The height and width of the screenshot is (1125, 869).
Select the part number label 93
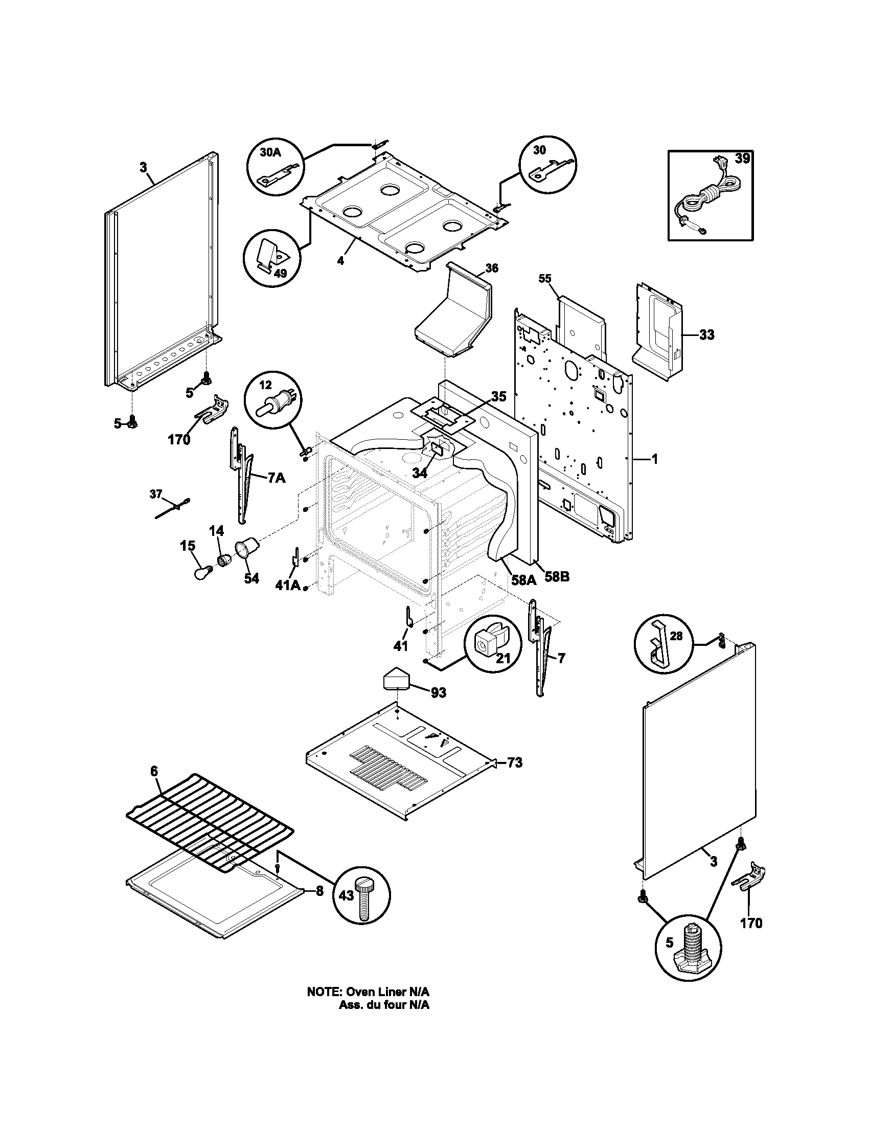click(438, 692)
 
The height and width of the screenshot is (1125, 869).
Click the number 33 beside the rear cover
click(706, 335)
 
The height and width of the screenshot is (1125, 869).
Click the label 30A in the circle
click(269, 153)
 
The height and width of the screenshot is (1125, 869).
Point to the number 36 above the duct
click(492, 268)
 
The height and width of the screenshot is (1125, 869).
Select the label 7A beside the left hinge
click(276, 478)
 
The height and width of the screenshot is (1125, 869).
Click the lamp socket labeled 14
click(224, 560)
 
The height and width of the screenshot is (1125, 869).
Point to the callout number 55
click(545, 279)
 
